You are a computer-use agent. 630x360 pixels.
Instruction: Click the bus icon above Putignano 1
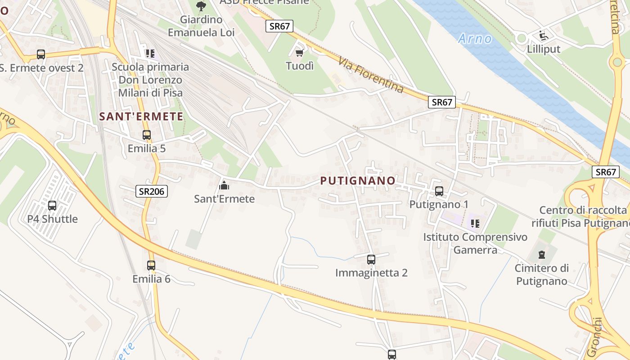(439, 191)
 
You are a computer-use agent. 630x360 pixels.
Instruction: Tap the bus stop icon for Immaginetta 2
(371, 260)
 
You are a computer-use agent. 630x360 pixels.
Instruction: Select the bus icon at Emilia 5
(146, 135)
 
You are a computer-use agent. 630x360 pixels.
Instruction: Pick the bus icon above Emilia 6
(151, 265)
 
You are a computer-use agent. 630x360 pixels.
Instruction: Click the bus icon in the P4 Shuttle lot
(52, 206)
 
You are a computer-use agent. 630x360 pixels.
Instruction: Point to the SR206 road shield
(152, 192)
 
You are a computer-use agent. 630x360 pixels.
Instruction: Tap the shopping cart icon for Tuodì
(299, 53)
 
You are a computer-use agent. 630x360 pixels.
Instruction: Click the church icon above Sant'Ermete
(224, 185)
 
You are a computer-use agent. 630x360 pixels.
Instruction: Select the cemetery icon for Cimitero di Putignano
(541, 255)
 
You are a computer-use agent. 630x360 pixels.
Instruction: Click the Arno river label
(475, 39)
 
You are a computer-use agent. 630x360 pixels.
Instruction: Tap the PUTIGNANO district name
(358, 181)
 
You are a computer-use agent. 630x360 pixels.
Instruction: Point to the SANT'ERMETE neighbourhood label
(141, 117)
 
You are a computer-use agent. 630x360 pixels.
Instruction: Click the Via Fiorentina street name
(371, 75)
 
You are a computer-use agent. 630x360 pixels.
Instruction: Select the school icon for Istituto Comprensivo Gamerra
(475, 223)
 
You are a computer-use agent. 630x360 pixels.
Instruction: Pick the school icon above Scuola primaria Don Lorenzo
(150, 54)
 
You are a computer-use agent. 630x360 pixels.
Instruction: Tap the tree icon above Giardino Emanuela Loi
(201, 6)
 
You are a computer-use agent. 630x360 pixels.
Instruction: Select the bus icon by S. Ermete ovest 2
(41, 54)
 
